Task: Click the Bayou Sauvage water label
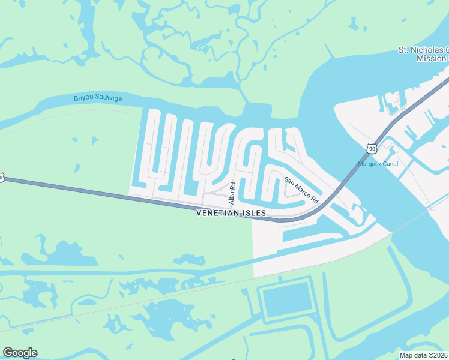(x=98, y=98)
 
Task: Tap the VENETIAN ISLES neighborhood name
(x=231, y=213)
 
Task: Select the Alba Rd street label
(x=231, y=193)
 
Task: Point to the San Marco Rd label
(x=301, y=189)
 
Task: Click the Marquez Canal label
(x=378, y=164)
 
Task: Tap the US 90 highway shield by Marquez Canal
(x=372, y=148)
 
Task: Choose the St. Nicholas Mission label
(x=423, y=54)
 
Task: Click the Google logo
(x=20, y=353)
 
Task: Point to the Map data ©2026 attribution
(x=424, y=355)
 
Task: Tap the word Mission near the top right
(x=432, y=59)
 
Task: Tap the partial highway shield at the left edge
(x=2, y=178)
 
